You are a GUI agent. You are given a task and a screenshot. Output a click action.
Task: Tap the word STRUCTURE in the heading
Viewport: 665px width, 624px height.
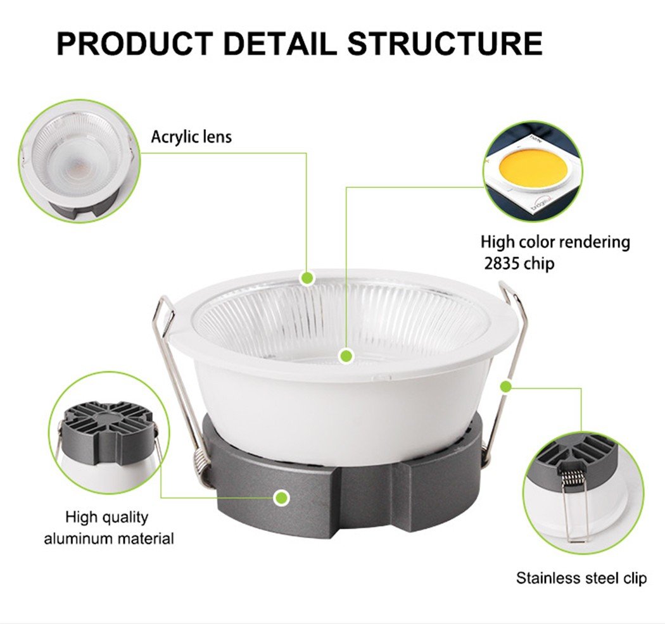click(x=445, y=43)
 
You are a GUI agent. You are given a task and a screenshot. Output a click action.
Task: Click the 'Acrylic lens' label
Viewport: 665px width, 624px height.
click(x=191, y=137)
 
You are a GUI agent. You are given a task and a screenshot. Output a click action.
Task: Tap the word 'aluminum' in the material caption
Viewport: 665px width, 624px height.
click(x=79, y=539)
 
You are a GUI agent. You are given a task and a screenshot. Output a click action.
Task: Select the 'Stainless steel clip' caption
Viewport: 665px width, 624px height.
click(x=581, y=578)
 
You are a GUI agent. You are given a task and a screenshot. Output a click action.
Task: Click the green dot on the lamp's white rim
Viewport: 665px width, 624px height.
click(x=307, y=278)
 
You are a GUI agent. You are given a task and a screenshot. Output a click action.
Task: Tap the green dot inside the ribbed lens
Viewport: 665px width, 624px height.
click(x=346, y=355)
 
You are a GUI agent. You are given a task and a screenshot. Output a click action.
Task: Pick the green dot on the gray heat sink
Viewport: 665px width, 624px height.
click(x=281, y=497)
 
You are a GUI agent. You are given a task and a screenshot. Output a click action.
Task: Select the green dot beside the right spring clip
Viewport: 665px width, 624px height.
click(x=505, y=386)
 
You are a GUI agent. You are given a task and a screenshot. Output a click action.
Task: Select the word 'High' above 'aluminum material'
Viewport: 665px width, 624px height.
click(x=80, y=517)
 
